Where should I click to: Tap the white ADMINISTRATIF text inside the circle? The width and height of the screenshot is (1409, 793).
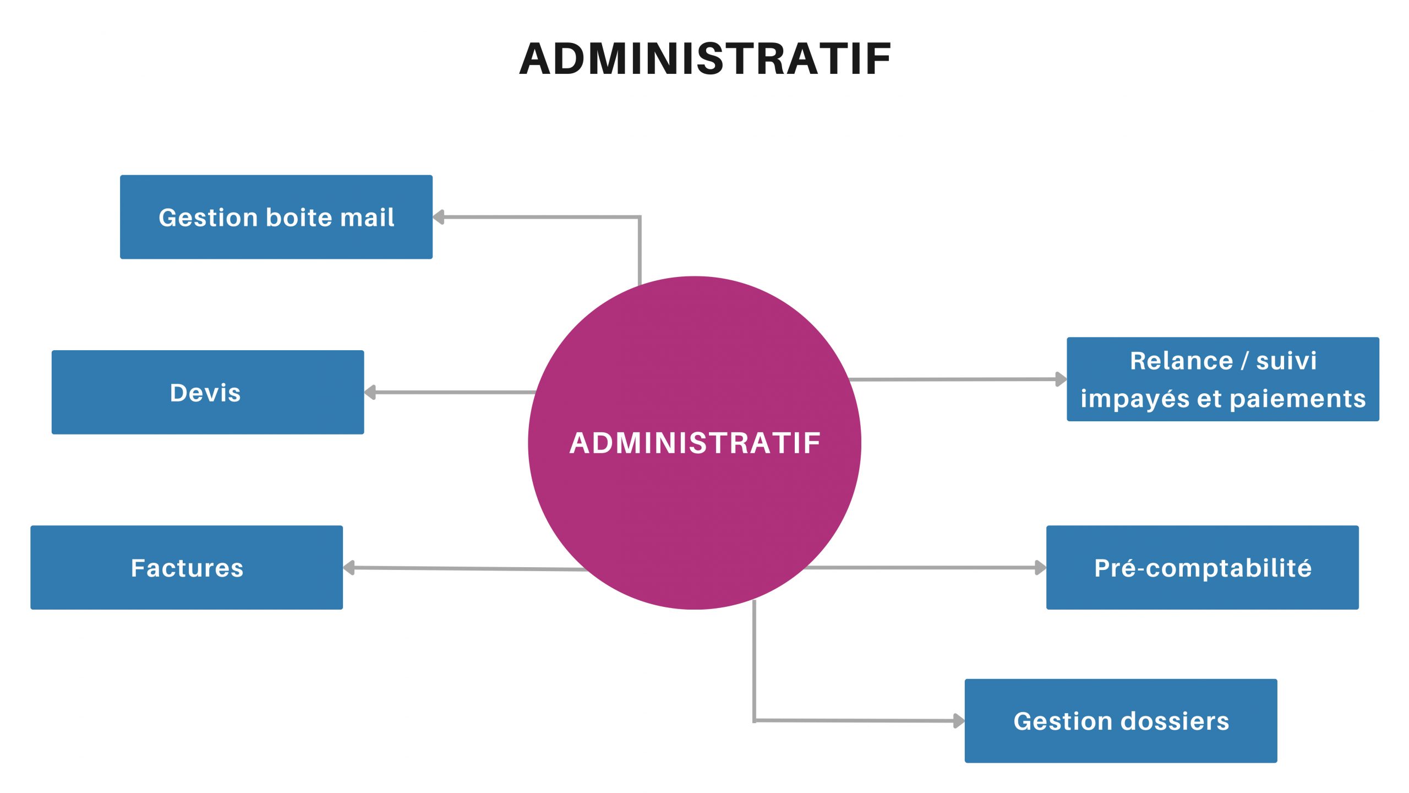[695, 443]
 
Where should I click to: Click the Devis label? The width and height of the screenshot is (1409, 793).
[205, 393]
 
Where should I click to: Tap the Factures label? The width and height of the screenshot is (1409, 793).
[187, 568]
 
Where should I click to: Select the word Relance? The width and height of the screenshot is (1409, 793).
[1181, 361]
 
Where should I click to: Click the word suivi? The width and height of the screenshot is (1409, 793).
[1286, 361]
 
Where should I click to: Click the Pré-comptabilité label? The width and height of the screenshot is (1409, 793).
[1203, 568]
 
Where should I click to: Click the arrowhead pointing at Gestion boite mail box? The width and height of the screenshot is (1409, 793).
[439, 217]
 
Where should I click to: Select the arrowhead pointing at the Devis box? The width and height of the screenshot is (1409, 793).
[370, 393]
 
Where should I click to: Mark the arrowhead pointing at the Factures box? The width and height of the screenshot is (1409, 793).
[349, 568]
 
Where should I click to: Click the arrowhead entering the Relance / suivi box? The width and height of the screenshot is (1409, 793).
[1061, 379]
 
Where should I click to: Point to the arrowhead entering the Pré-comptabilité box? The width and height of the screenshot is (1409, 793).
[1040, 567]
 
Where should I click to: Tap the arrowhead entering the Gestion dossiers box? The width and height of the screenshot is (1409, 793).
[959, 720]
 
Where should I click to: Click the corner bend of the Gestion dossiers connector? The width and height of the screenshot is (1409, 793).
[754, 720]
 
